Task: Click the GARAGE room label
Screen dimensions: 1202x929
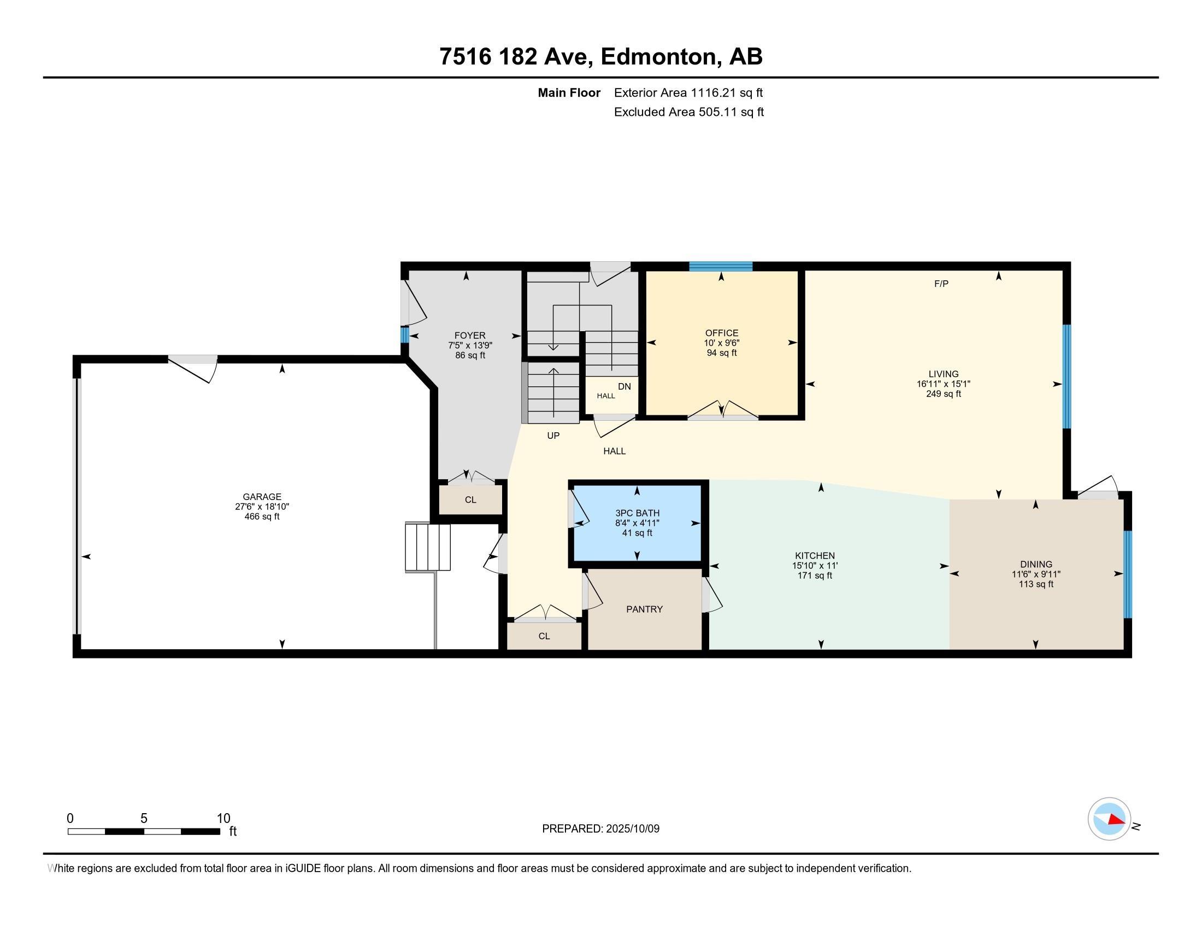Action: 262,496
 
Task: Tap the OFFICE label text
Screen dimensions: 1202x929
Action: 722,333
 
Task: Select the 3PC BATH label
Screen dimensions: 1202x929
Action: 637,514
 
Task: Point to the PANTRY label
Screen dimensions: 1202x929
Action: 645,609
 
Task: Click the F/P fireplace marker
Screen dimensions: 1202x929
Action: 941,284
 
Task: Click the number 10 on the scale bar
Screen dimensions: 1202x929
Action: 223,819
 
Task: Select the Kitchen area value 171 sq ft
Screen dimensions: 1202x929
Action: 815,575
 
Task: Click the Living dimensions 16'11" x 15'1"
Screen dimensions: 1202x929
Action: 944,384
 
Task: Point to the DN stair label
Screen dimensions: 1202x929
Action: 624,386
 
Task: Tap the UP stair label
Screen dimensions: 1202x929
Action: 553,436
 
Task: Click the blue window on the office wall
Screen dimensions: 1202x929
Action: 721,267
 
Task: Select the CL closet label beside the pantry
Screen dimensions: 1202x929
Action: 544,636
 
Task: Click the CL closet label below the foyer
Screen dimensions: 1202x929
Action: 470,499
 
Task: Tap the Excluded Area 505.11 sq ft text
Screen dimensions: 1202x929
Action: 689,112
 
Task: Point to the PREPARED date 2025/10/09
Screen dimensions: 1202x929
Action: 632,828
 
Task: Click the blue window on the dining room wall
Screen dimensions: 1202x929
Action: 1127,574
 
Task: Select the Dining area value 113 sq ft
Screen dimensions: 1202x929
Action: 1036,584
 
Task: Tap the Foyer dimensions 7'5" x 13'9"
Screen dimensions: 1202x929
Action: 470,345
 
